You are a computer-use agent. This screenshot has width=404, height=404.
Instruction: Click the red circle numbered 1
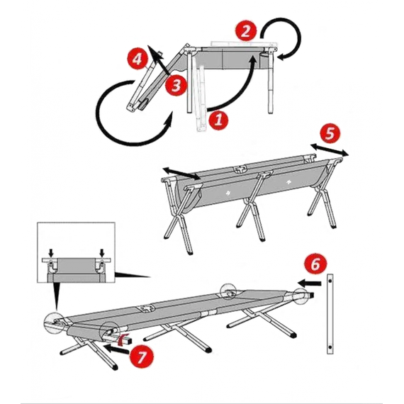click(218, 120)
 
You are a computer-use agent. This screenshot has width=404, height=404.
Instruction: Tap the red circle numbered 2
click(246, 30)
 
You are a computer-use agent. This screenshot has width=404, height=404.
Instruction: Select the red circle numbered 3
click(176, 85)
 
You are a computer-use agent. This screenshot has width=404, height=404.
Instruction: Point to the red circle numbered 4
click(138, 59)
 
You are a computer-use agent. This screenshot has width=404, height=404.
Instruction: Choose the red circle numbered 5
click(330, 134)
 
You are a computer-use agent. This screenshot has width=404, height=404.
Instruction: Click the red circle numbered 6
click(315, 264)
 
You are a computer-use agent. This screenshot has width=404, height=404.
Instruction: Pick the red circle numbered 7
click(142, 357)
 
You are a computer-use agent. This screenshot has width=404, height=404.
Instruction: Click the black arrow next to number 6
click(310, 284)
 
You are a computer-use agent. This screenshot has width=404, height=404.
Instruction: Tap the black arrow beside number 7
click(116, 349)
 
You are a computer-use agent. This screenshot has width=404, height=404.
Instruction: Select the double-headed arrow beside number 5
click(330, 150)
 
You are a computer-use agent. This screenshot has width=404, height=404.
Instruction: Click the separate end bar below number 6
click(330, 314)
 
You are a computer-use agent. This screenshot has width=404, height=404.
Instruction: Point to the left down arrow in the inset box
click(51, 253)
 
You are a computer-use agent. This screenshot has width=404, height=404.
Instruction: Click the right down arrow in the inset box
click(102, 253)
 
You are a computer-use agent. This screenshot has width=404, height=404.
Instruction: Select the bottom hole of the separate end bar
click(330, 348)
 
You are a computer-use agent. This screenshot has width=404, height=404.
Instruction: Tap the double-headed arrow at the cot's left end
click(181, 173)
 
